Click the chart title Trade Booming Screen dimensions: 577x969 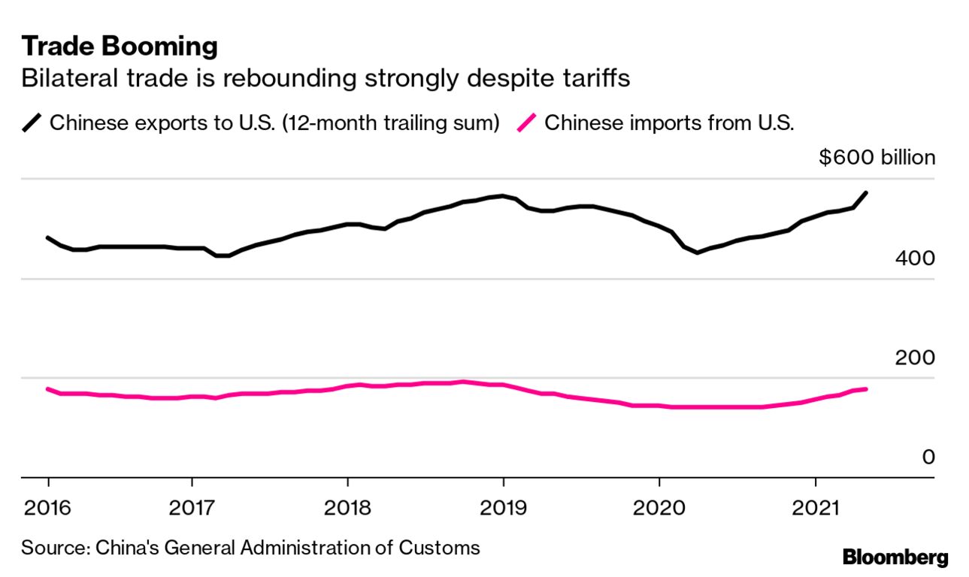coord(120,47)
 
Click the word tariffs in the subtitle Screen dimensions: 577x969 coord(594,78)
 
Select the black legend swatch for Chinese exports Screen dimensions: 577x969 coord(32,122)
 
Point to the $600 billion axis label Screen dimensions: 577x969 coord(877,158)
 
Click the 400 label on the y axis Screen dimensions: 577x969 coord(915,258)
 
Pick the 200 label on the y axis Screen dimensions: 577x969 coord(915,358)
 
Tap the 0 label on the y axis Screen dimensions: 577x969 coord(928,457)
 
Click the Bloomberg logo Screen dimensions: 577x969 coord(895,557)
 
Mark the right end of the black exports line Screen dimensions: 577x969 coord(867,193)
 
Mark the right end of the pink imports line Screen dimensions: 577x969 coord(867,389)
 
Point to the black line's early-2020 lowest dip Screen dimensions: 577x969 coord(697,252)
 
